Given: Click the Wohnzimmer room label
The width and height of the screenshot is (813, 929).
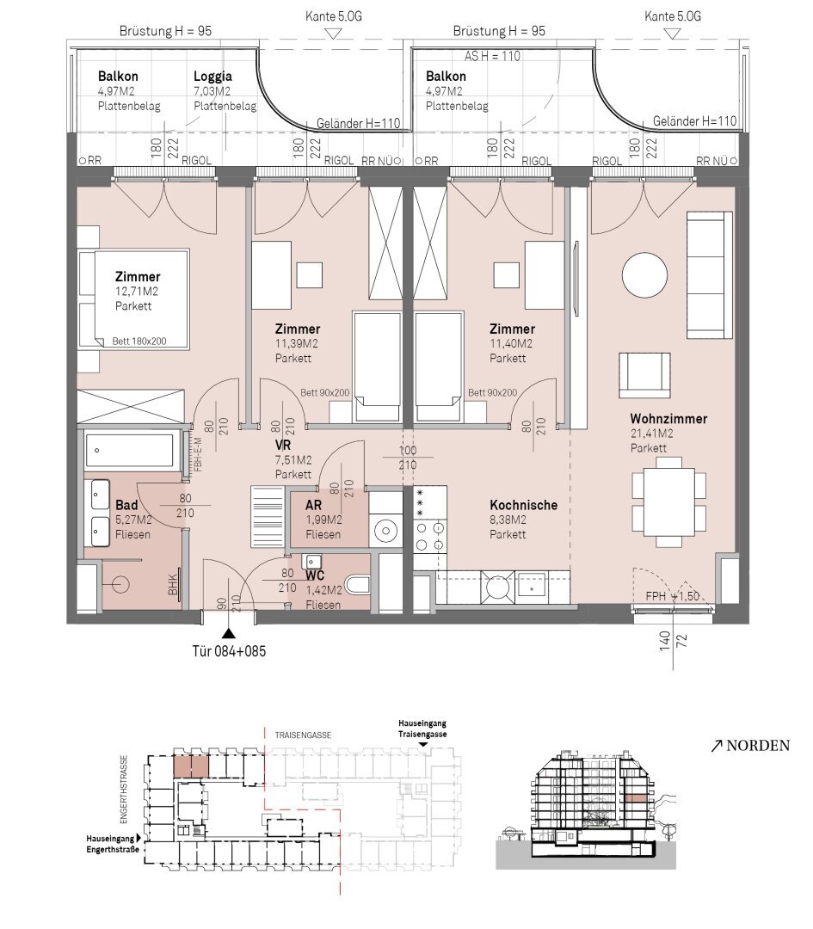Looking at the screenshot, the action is tap(668, 419).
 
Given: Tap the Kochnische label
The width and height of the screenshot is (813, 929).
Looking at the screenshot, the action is tap(523, 506).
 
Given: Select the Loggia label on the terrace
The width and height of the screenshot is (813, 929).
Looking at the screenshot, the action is tap(212, 77).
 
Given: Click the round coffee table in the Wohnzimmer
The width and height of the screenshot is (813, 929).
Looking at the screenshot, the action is tap(644, 275).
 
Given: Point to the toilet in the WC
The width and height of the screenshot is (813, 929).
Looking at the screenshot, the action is tap(357, 584).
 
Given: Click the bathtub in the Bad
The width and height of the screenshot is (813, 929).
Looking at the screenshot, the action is tap(129, 451).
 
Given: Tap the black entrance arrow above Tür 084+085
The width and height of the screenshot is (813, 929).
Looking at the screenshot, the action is tap(229, 633).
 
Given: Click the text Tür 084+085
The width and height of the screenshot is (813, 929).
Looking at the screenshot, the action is tap(229, 651).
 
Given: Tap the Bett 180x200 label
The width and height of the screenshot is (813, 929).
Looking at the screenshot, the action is tap(139, 341).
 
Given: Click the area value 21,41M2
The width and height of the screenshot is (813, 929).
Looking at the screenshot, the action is tap(652, 434).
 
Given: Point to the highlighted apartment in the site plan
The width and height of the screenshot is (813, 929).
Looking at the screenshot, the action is tap(191, 766).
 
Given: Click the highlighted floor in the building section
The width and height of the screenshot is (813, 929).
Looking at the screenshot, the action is tap(635, 798).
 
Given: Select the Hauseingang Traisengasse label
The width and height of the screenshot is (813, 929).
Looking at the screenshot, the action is tap(422, 729).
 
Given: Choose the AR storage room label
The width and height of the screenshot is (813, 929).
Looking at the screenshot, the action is tap(313, 506).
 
